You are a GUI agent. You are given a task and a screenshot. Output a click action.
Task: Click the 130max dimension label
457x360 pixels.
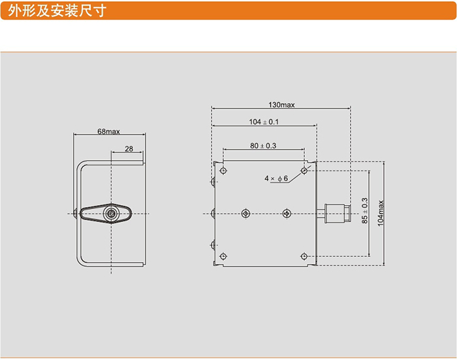coord(281,105)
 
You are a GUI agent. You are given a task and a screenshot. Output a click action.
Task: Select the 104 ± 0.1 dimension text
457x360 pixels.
coord(264,122)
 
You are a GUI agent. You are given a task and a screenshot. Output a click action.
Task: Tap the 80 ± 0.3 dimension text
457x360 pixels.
coord(263,146)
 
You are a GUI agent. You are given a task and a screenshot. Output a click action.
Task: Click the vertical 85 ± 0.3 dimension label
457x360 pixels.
coord(364,212)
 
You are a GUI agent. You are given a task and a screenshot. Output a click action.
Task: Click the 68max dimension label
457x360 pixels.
coord(108,131)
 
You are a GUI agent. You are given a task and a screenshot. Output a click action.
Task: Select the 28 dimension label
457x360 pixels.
coord(129,149)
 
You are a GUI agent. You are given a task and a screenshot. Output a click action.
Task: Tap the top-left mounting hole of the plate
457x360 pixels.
coord(224,170)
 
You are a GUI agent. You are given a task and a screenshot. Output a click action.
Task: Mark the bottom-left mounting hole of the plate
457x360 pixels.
coord(224,255)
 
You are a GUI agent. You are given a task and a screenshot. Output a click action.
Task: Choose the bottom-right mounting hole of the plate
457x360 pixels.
coord(304,255)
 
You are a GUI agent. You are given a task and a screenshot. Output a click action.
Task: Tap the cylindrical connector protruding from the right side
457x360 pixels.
coord(334,212)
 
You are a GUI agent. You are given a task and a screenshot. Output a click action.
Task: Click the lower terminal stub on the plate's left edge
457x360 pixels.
coord(213,245)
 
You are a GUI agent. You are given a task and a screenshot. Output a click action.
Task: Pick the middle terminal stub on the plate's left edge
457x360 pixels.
coord(213,212)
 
